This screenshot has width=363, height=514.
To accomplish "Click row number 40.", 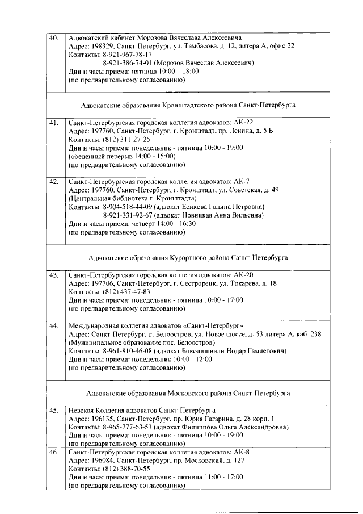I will click(x=54, y=37).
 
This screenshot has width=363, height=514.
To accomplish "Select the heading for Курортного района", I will click(x=188, y=257).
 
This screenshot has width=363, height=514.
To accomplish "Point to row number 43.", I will click(x=54, y=275).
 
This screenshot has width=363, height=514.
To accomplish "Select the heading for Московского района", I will click(x=188, y=393).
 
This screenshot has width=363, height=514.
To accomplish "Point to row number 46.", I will click(x=54, y=453).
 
